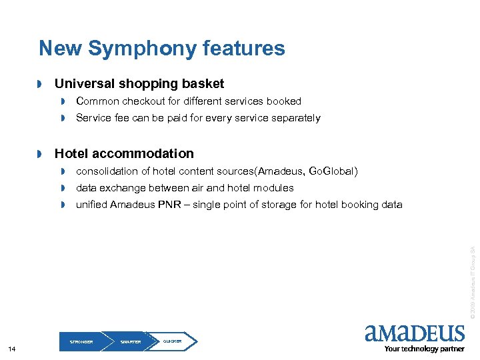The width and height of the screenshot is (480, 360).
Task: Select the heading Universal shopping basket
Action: click(x=139, y=84)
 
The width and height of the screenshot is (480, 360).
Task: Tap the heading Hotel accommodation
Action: click(x=124, y=153)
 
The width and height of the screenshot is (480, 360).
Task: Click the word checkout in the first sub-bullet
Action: click(x=144, y=101)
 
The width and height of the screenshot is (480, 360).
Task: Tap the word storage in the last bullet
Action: click(x=281, y=205)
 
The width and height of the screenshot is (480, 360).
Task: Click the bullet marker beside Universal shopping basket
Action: click(x=40, y=85)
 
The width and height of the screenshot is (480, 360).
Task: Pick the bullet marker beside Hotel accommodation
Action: click(x=40, y=154)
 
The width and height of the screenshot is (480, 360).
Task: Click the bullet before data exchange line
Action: click(x=63, y=188)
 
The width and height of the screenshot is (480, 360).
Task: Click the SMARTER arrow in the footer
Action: click(x=131, y=341)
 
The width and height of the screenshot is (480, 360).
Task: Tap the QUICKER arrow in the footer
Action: click(x=173, y=341)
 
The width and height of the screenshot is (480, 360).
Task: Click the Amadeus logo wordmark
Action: click(x=414, y=333)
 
